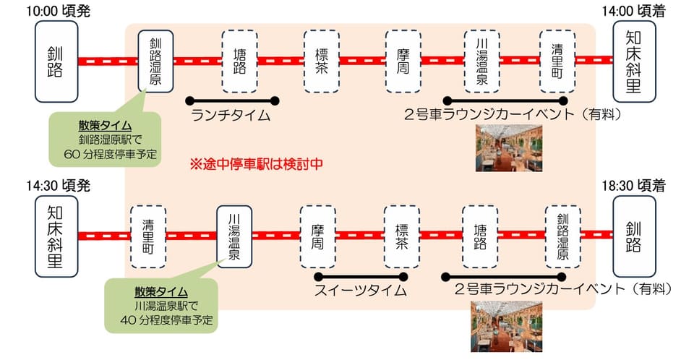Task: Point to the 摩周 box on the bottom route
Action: click(x=318, y=236)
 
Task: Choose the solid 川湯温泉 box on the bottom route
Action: click(x=235, y=236)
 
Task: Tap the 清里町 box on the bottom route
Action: click(x=148, y=236)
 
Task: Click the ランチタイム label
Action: click(x=231, y=115)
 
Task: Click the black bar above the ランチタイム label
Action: click(x=232, y=100)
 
